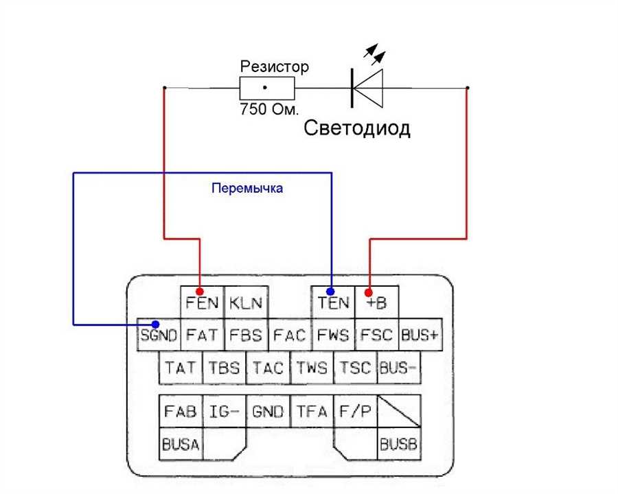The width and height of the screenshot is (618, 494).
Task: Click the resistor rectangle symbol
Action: point(266,88)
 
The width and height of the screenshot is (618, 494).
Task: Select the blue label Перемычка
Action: point(247,188)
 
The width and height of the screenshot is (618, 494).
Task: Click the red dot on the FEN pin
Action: point(201,290)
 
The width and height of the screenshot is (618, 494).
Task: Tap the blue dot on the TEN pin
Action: point(330,290)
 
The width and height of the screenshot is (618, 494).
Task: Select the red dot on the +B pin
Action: point(370,290)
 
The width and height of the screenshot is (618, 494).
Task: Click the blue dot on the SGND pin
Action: point(157,325)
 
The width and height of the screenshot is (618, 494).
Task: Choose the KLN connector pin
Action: point(246,303)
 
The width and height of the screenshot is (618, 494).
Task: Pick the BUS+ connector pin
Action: point(420,336)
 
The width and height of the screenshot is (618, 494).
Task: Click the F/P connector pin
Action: point(355,412)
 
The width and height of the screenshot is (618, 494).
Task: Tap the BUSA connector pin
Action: point(181,445)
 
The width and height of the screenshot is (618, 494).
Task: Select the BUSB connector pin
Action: point(398,445)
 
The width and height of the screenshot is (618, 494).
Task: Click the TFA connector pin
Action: point(312,412)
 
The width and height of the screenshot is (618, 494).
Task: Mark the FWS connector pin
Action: point(333,336)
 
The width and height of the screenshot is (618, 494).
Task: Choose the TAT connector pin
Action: point(181,368)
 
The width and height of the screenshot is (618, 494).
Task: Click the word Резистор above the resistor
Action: point(274,67)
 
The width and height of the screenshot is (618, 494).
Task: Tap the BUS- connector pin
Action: point(398,368)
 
